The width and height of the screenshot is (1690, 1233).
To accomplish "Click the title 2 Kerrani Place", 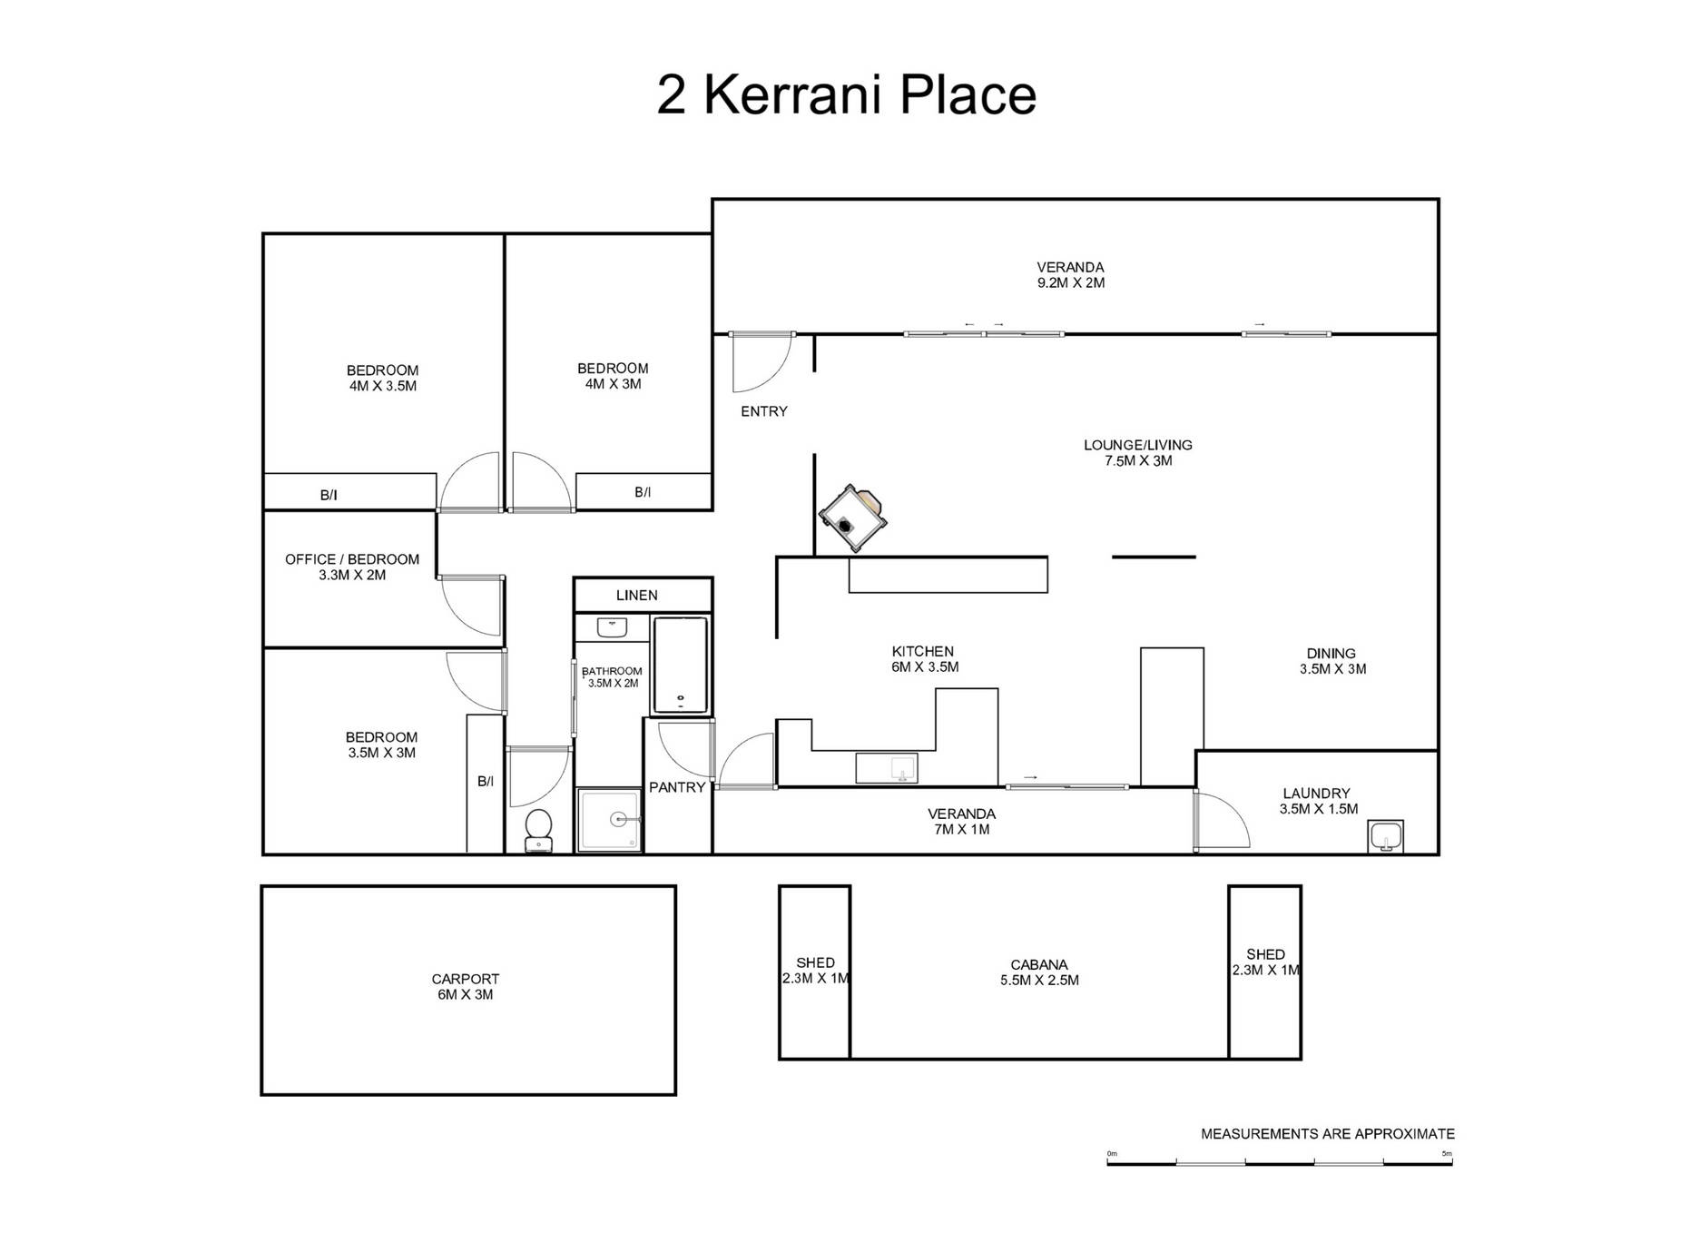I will point(846,94).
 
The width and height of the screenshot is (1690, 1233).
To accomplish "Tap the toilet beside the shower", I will point(538,830).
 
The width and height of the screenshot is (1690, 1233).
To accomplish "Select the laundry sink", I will point(1385,836).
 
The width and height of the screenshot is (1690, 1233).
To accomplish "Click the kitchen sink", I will point(887,768).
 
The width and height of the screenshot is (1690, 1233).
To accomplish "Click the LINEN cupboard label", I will point(636,596).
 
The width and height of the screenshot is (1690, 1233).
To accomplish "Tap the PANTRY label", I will point(677,787).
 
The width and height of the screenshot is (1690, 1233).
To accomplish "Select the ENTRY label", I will point(763,411).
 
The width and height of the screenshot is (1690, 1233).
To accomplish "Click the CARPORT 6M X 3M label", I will point(465,987).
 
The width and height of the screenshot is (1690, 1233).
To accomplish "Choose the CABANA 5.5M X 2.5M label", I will point(1039,972).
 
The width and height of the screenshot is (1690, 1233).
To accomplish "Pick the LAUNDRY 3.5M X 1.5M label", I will point(1318,801).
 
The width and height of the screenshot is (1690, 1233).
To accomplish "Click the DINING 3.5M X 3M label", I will point(1331,661).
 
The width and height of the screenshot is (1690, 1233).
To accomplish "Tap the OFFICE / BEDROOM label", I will point(352,567).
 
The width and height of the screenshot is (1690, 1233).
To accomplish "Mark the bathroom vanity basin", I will point(613,627).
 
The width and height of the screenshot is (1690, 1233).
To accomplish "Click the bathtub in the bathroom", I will point(680,666).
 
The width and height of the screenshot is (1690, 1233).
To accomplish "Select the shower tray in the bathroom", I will point(610,820).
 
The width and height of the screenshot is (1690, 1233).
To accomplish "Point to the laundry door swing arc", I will point(1225,820).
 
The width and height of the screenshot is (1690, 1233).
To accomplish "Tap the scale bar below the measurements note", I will point(1279,1160).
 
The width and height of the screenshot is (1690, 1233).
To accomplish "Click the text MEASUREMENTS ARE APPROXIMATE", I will point(1327,1134).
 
